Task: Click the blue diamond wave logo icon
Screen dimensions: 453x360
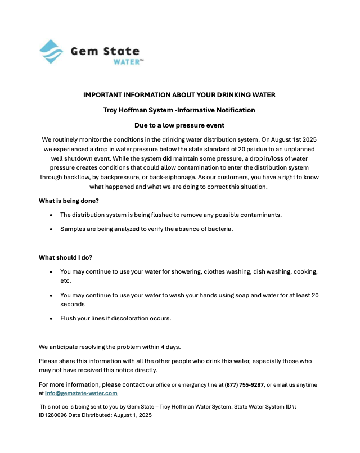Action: pyautogui.click(x=51, y=52)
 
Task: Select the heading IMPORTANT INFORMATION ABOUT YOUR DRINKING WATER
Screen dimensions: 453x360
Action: pyautogui.click(x=179, y=95)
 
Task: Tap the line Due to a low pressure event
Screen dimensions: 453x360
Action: pyautogui.click(x=179, y=125)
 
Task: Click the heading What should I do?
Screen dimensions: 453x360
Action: pyautogui.click(x=66, y=257)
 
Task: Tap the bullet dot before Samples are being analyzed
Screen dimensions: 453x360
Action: pyautogui.click(x=52, y=229)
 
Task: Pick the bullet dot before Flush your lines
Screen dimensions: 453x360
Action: pyautogui.click(x=52, y=319)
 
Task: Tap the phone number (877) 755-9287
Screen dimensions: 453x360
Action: pyautogui.click(x=245, y=385)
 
